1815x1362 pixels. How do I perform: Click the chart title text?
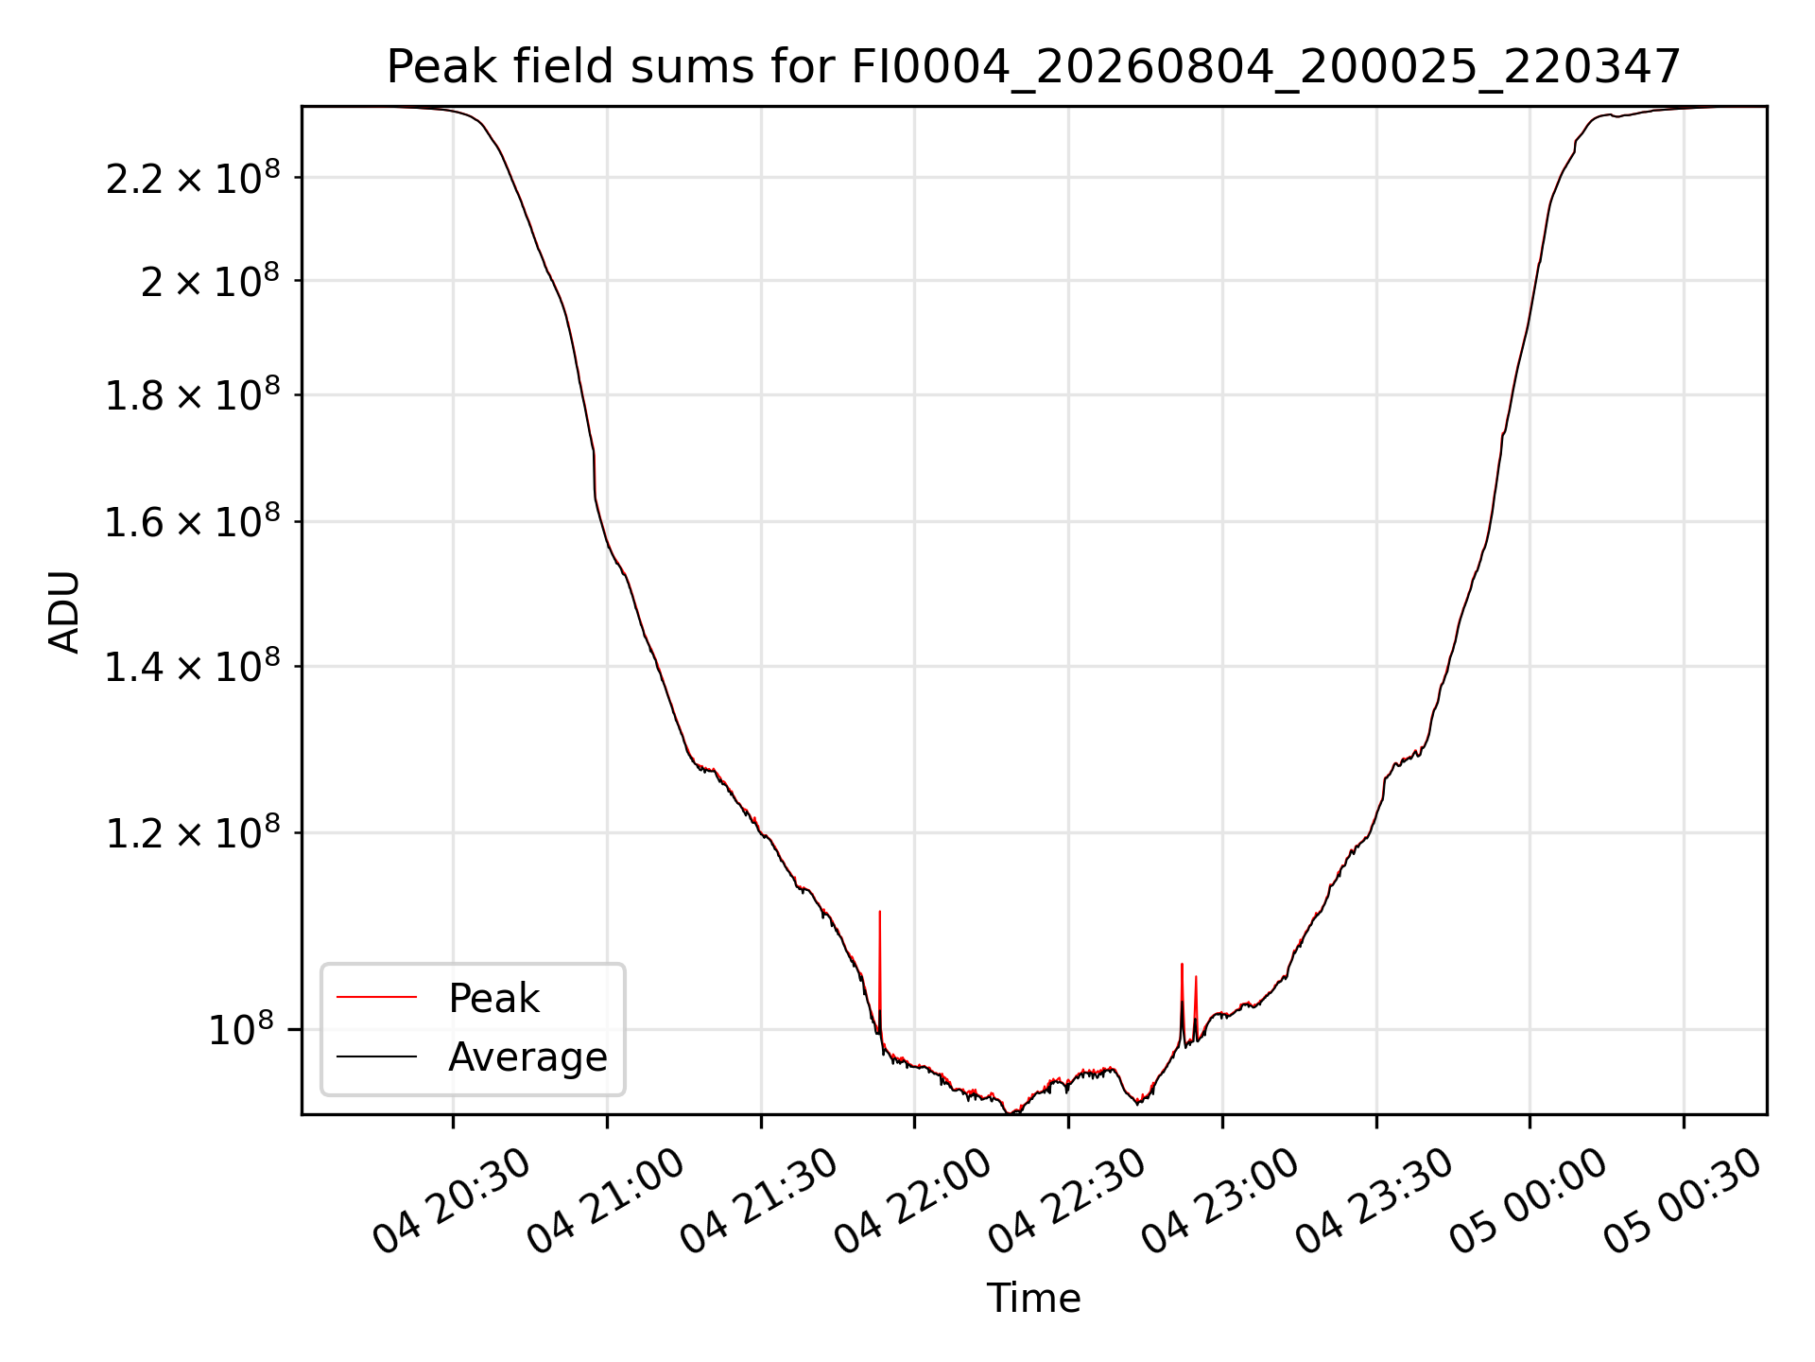coord(1033,67)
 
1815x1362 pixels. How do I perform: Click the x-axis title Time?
coord(1033,1298)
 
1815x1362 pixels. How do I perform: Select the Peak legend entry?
coord(493,999)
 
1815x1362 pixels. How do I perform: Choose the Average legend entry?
coord(527,1056)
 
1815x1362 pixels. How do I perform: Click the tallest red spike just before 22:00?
coord(880,912)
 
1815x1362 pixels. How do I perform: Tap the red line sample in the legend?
coord(376,997)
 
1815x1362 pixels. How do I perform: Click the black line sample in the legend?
coord(376,1056)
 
